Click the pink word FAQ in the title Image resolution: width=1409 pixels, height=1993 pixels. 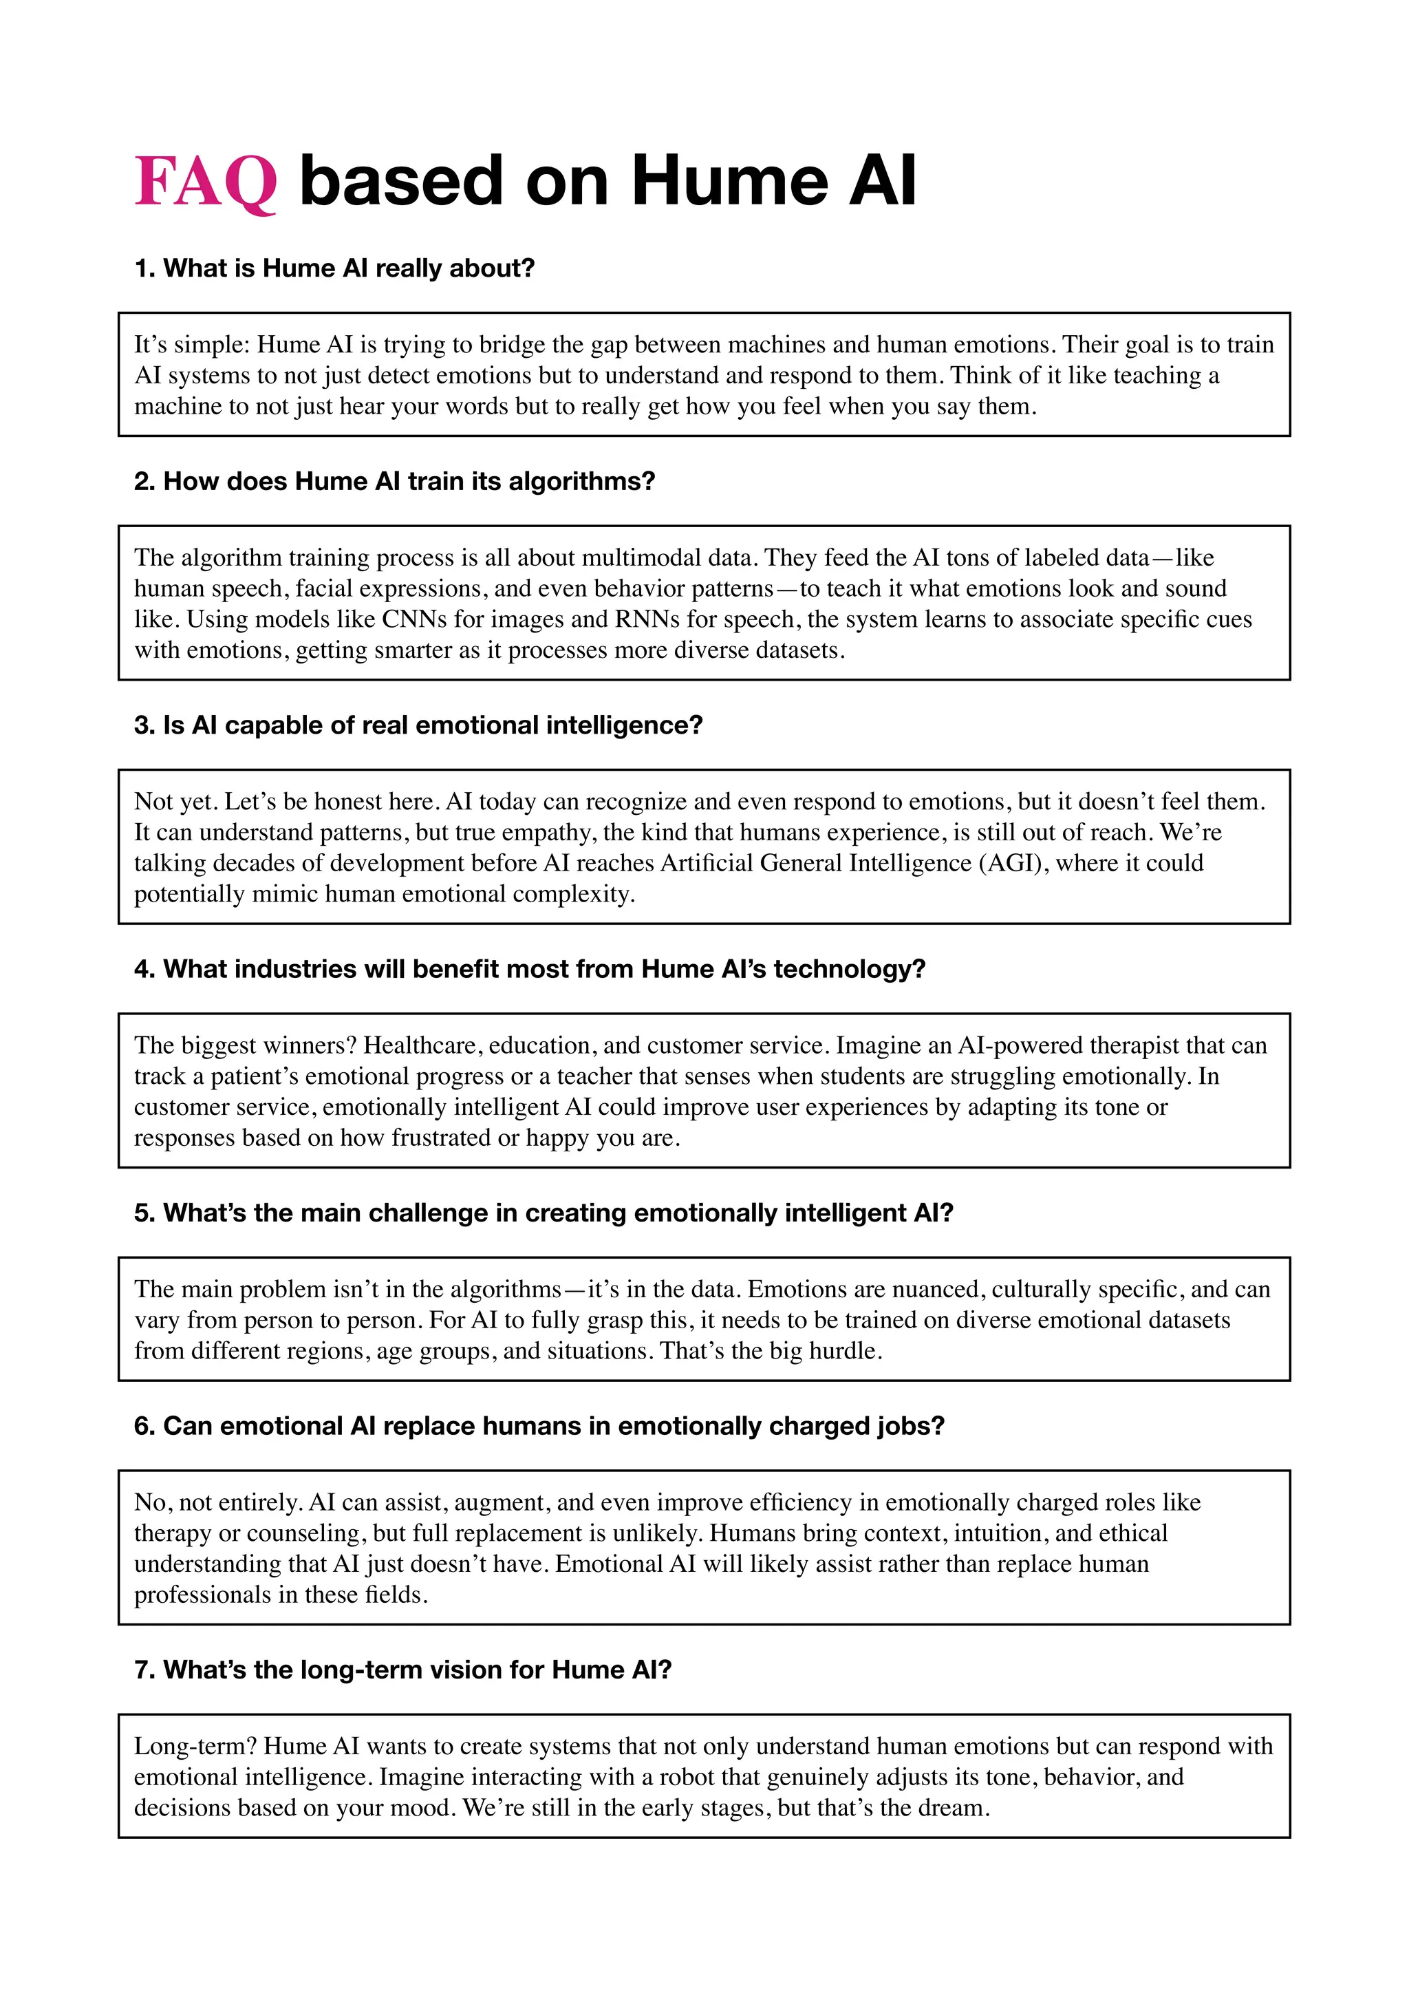point(206,182)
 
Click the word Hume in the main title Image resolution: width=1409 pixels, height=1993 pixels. point(729,182)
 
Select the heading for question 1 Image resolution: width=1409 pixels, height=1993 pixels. point(334,268)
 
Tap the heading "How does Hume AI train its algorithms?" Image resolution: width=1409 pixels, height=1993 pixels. point(395,481)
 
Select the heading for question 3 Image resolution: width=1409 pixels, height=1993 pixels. point(418,725)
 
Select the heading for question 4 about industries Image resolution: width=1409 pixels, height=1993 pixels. point(529,969)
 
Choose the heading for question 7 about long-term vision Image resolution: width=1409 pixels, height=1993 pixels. point(402,1670)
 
